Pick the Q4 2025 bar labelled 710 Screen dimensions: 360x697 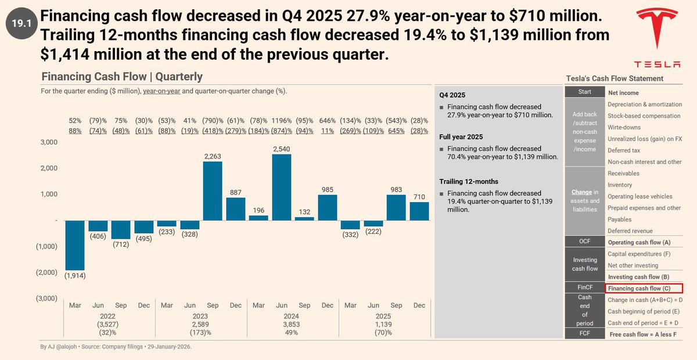pos(419,211)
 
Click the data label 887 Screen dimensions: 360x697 pos(236,192)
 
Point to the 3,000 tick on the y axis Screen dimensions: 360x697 pos(48,142)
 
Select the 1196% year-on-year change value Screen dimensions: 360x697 pos(282,121)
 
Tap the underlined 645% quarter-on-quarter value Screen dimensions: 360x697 pos(396,131)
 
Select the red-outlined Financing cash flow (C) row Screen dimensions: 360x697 pos(644,289)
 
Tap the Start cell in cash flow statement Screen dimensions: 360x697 pos(584,92)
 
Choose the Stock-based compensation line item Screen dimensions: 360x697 pos(644,116)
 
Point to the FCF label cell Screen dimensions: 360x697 pos(584,334)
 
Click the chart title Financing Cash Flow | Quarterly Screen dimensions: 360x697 pos(122,77)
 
